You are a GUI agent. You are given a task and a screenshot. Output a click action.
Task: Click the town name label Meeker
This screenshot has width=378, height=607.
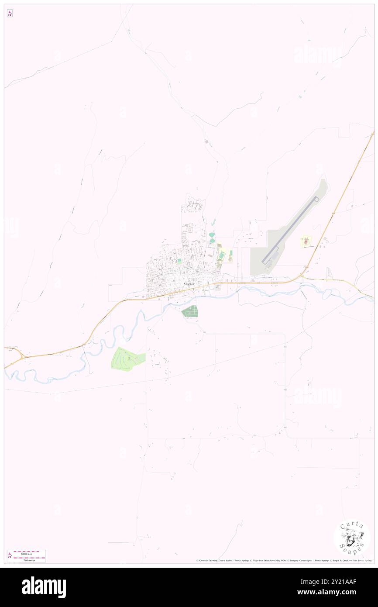[189, 284]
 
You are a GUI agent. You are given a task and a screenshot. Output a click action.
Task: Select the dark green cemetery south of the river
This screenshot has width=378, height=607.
[190, 311]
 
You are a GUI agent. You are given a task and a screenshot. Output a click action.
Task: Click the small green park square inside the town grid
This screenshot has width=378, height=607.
[179, 261]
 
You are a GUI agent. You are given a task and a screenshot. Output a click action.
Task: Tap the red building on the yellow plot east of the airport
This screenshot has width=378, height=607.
[306, 240]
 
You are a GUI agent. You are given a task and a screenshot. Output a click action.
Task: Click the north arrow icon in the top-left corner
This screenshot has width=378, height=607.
[10, 14]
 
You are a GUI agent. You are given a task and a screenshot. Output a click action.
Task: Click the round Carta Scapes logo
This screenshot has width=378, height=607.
[352, 537]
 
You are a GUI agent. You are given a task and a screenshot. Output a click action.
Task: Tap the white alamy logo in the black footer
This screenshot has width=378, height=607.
[44, 587]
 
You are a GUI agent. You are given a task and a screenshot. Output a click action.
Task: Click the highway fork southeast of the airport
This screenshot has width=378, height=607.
[304, 277]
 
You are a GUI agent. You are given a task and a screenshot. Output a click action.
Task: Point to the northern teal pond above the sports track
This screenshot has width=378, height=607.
[212, 235]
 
